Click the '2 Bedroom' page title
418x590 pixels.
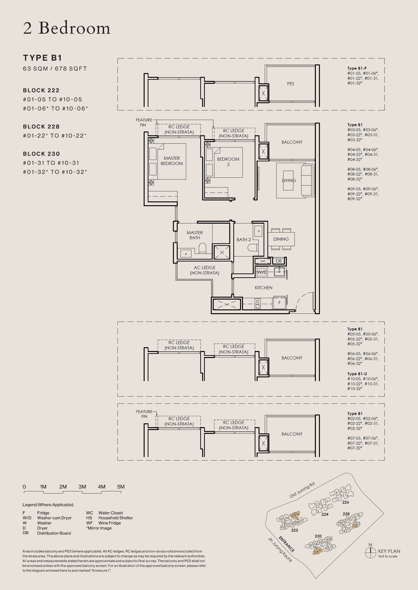coord(67,28)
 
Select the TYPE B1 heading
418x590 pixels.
coord(42,58)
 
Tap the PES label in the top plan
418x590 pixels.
coord(291,84)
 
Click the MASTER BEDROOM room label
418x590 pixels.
coord(172,161)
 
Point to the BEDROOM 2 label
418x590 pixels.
coord(228,162)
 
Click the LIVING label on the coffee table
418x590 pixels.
coord(289,180)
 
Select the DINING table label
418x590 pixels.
coord(281,239)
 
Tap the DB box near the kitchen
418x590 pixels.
coord(278,261)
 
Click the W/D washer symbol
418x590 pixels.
coord(262,272)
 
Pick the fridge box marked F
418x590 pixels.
coord(279,303)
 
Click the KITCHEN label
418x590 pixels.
coord(263,288)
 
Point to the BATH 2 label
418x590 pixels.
coord(243,240)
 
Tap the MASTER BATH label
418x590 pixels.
coord(195,235)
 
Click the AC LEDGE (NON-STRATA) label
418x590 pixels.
coord(205,270)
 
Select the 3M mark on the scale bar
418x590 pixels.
coord(82,487)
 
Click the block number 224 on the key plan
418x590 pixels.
coord(325,514)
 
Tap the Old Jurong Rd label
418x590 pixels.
coord(302,490)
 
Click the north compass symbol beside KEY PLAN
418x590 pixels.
coord(370,552)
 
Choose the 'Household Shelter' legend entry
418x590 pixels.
coord(115,518)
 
